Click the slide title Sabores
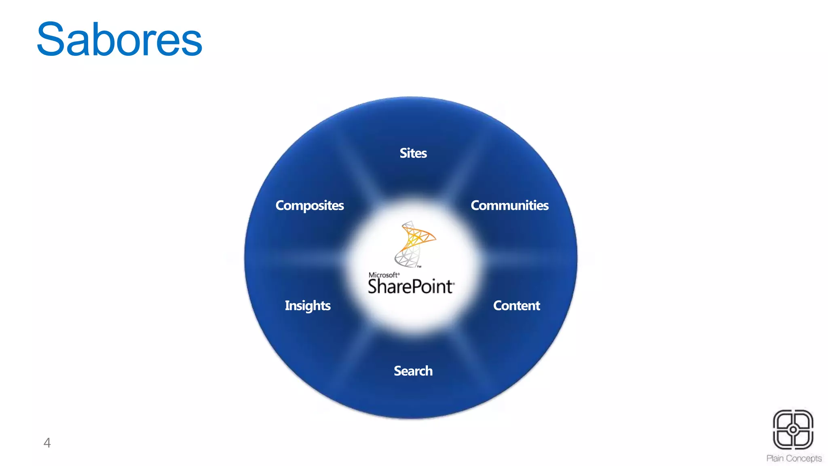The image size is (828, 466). point(119,40)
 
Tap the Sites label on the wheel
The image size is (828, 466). point(413,153)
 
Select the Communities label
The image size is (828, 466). point(509,205)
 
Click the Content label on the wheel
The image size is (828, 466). point(516,305)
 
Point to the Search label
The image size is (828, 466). point(413,371)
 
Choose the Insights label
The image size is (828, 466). point(308,306)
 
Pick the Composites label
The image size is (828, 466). point(310,205)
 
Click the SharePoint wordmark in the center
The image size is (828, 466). point(411,286)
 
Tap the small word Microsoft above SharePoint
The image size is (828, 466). point(383,275)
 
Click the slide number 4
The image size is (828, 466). point(47,443)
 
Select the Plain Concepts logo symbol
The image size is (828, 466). point(793,430)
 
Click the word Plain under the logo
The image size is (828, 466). point(775,458)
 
